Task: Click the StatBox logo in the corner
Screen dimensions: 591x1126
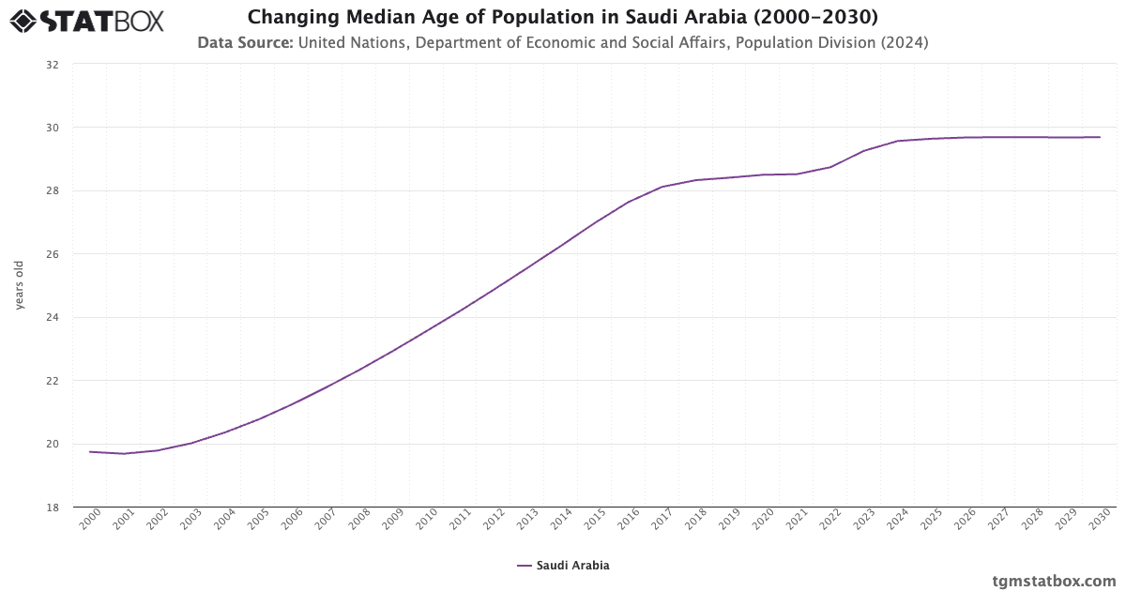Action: pyautogui.click(x=86, y=20)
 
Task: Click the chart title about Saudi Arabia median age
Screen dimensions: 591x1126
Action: pyautogui.click(x=563, y=17)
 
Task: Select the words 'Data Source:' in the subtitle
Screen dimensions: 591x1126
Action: pyautogui.click(x=245, y=42)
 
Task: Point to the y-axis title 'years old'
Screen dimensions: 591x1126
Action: pyautogui.click(x=20, y=286)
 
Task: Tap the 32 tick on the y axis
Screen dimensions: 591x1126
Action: pyautogui.click(x=53, y=65)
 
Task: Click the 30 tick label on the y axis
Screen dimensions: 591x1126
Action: pyautogui.click(x=53, y=128)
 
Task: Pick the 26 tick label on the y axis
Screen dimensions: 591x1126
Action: pyautogui.click(x=53, y=254)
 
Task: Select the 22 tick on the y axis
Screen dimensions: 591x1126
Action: pyautogui.click(x=53, y=381)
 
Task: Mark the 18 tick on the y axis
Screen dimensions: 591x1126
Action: pyautogui.click(x=53, y=508)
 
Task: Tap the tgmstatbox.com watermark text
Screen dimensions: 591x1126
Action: pyautogui.click(x=1055, y=580)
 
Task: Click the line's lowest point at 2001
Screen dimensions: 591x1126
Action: pyautogui.click(x=124, y=454)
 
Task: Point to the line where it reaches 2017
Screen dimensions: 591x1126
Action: pyautogui.click(x=662, y=187)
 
